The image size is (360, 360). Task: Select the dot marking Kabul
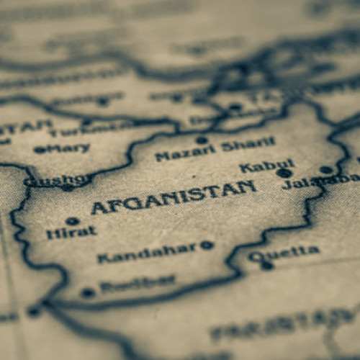pos(285,173)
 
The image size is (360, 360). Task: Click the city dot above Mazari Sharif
pos(202,140)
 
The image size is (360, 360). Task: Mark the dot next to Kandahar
pos(207,245)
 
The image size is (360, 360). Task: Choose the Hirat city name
pos(71,233)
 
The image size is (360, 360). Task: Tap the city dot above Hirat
pos(72,220)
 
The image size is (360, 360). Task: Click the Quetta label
pos(284,252)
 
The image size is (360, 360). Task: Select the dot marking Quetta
pos(268,265)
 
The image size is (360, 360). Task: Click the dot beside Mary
pos(40,150)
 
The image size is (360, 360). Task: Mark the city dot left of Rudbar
pos(88,292)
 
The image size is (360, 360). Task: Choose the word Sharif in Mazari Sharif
pos(248,145)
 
